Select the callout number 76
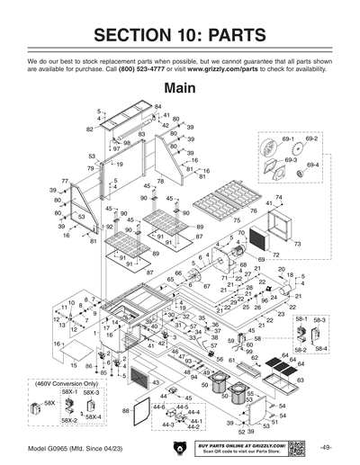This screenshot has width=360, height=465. coord(254,211)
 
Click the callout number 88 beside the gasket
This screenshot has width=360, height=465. coord(125,409)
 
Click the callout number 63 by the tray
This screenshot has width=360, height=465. coord(300,380)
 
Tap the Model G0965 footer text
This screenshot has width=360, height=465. coord(72,448)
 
